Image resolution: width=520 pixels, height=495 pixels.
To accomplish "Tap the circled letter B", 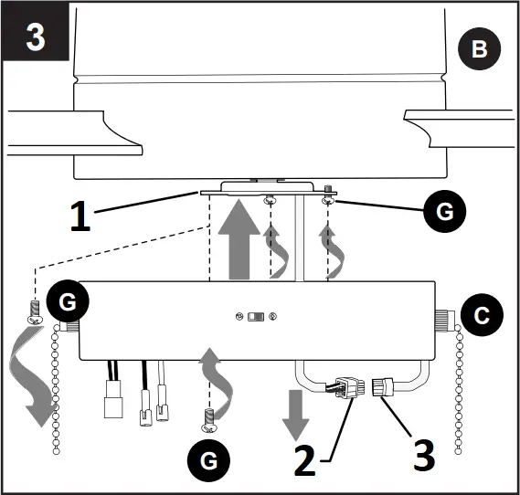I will click(478, 50).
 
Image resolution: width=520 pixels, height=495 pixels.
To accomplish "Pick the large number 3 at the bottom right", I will click(423, 455).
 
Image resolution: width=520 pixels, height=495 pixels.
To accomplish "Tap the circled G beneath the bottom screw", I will click(210, 461).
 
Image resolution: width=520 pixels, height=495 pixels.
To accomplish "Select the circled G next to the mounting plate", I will click(444, 213).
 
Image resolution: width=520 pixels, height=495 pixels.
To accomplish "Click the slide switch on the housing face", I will click(259, 317).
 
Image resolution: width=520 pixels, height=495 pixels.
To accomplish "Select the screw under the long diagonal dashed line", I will click(35, 311).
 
